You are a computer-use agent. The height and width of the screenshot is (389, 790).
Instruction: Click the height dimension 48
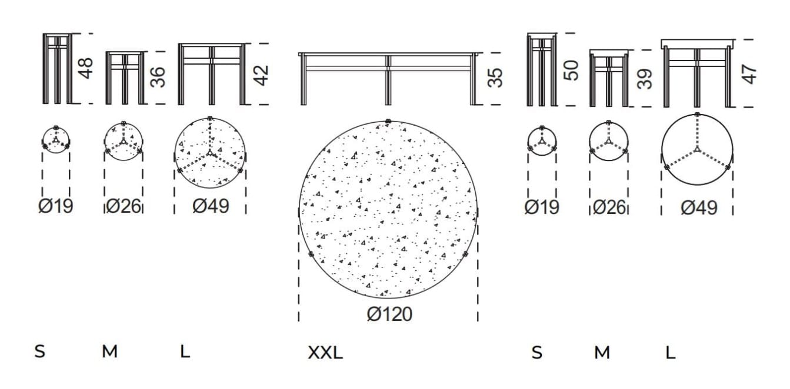(x=86, y=68)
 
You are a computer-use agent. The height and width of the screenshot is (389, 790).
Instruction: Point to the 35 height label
(x=495, y=78)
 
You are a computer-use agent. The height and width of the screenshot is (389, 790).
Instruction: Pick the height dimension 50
(x=571, y=70)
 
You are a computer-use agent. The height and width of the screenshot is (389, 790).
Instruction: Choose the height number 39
(x=646, y=79)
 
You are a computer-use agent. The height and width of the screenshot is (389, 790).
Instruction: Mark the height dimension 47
(x=749, y=74)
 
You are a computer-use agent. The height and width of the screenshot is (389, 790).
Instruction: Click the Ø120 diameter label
(x=389, y=314)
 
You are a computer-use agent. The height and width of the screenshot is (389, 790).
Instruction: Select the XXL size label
(x=325, y=353)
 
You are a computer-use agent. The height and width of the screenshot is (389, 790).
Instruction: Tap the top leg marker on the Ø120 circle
(x=388, y=122)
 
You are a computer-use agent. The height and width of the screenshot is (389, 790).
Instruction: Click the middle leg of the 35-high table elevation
(x=388, y=79)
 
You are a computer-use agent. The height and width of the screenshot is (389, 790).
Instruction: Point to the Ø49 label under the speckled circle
(x=211, y=206)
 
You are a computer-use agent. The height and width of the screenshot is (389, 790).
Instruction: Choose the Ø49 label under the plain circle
(x=699, y=207)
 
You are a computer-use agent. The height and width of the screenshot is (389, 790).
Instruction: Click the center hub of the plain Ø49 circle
(x=697, y=150)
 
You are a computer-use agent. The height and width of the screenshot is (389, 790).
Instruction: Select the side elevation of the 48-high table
(x=57, y=68)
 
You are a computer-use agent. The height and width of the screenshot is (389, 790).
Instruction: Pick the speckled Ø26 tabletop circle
(x=124, y=142)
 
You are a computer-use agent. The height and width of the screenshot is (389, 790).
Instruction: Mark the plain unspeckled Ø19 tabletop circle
(x=541, y=142)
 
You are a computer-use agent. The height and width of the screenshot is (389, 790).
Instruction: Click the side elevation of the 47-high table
(x=698, y=73)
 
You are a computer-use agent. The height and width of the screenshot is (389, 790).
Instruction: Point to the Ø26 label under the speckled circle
(x=124, y=207)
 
